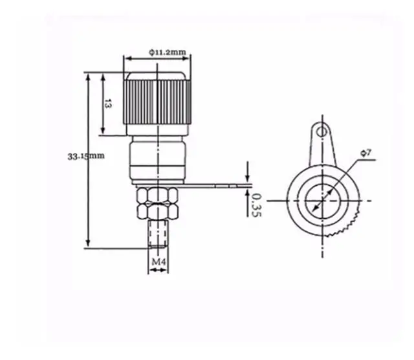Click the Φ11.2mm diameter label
(168, 52)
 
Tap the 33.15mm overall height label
(86, 156)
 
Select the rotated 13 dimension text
(108, 104)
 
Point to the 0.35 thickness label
(256, 205)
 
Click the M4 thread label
(159, 262)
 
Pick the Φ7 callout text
(366, 153)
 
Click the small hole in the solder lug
(321, 131)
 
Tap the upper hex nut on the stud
(158, 195)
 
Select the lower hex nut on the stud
(158, 211)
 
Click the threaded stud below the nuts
(158, 234)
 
